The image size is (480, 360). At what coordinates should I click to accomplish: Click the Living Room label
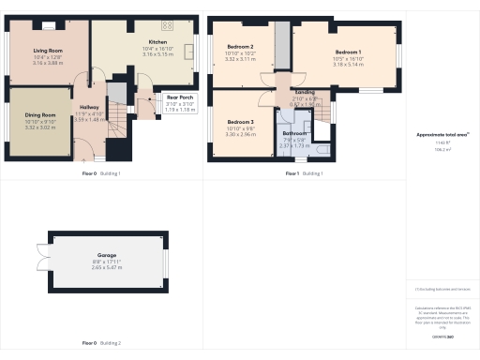pyautogui.click(x=47, y=52)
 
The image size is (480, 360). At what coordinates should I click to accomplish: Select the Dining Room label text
pyautogui.click(x=39, y=114)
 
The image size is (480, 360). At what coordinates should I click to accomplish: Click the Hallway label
pyautogui.click(x=89, y=108)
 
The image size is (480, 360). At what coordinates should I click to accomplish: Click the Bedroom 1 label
pyautogui.click(x=348, y=52)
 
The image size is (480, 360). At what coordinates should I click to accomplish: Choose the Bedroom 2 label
pyautogui.click(x=241, y=46)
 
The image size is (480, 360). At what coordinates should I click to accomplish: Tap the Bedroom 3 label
pyautogui.click(x=241, y=122)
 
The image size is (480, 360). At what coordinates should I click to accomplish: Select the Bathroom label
pyautogui.click(x=295, y=134)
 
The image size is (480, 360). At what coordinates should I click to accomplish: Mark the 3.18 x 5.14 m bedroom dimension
pyautogui.click(x=348, y=64)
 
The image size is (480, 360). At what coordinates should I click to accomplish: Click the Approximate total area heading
pyautogui.click(x=442, y=135)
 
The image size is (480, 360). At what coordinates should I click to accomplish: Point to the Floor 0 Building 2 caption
pyautogui.click(x=101, y=343)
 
